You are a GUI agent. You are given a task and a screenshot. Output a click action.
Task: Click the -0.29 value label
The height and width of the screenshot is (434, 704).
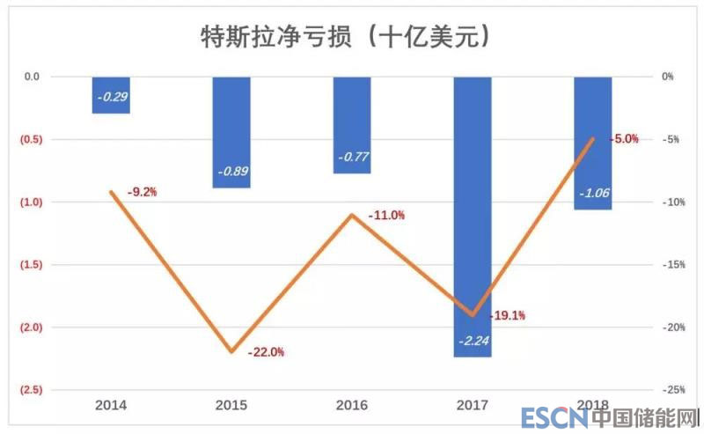click(112, 96)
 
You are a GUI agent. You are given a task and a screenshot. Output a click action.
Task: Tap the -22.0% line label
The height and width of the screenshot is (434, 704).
click(266, 352)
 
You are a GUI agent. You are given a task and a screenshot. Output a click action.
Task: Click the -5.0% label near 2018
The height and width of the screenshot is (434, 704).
click(624, 139)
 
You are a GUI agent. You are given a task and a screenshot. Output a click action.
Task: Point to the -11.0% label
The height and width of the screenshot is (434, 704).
click(385, 215)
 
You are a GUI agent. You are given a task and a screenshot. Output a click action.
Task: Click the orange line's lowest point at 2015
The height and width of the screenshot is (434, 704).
click(231, 351)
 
